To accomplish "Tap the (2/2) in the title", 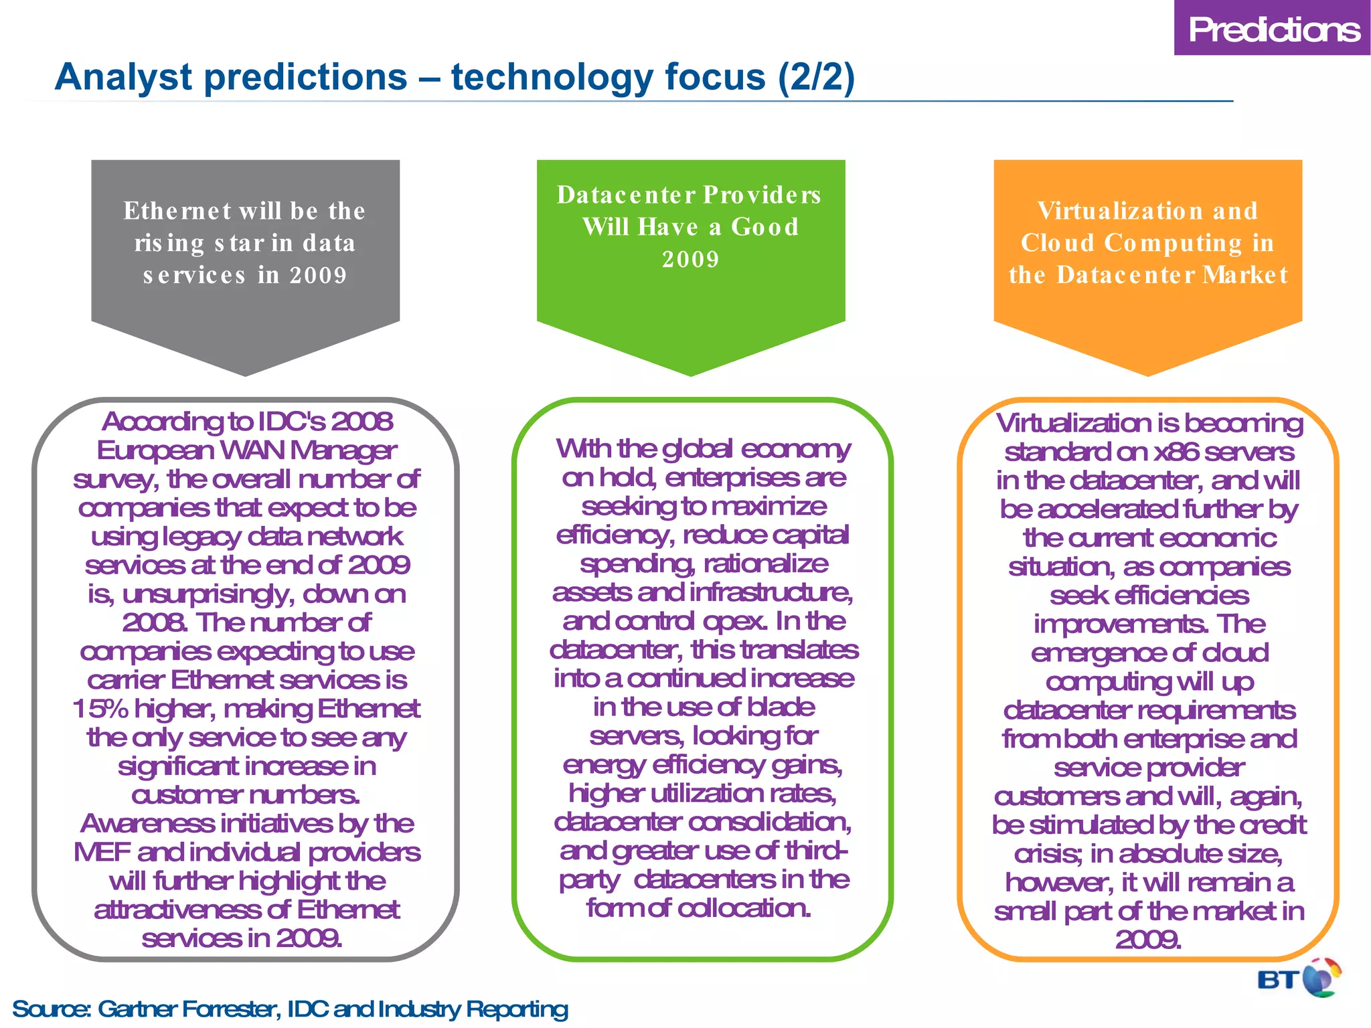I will (x=816, y=77).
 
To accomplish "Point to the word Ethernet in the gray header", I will (x=177, y=211).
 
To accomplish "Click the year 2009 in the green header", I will (x=691, y=259).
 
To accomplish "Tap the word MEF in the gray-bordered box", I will (x=102, y=853).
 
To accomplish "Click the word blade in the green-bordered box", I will (x=781, y=707).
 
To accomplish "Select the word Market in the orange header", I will (x=1244, y=275).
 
